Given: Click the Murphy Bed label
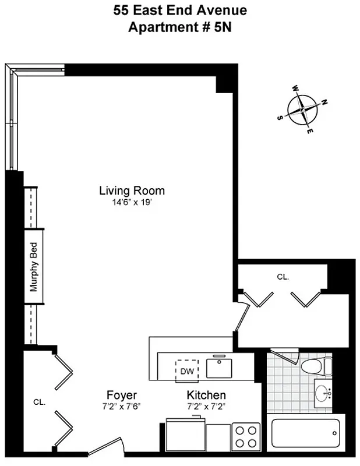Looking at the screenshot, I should tap(34, 267).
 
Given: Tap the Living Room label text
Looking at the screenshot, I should tap(132, 190).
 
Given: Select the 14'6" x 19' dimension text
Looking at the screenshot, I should tap(132, 203).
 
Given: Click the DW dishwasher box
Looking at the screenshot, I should tap(187, 370).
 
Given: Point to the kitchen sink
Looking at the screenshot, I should tap(221, 367).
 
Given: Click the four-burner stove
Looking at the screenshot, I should tap(245, 435).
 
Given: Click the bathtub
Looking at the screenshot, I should tap(304, 433).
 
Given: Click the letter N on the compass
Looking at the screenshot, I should tap(324, 102).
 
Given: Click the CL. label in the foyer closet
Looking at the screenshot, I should tap(39, 402).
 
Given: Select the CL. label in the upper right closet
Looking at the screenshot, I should tap(283, 277).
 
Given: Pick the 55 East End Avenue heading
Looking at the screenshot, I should tap(180, 10).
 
